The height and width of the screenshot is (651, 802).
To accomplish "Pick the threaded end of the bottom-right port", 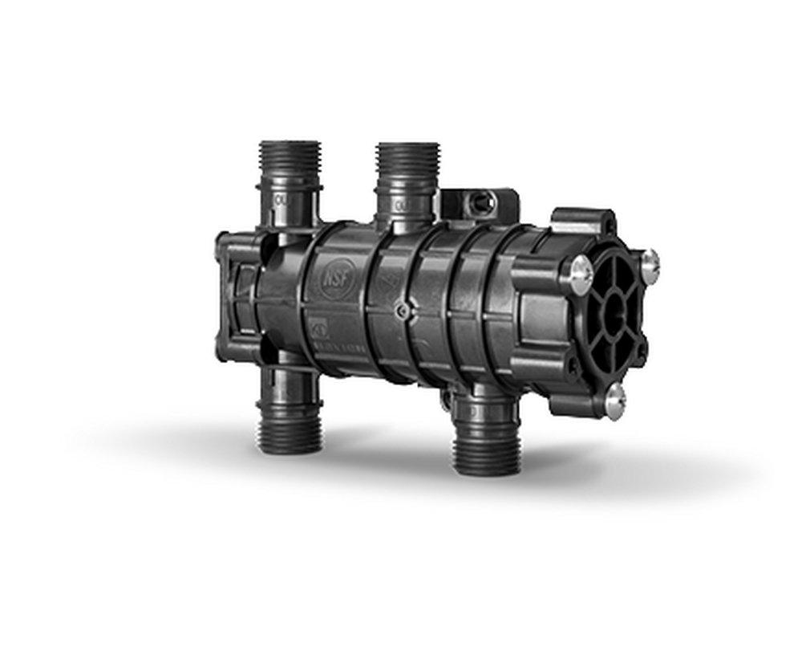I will pyautogui.click(x=483, y=446).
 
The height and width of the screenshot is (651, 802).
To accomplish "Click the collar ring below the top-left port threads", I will pyautogui.click(x=290, y=189).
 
